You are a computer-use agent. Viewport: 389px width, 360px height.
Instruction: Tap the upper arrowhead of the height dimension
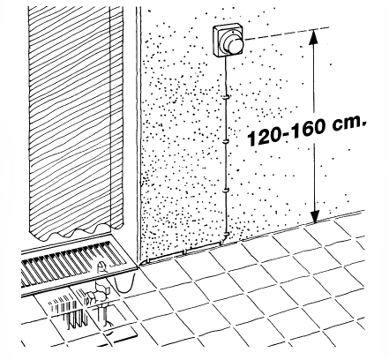coord(314,37)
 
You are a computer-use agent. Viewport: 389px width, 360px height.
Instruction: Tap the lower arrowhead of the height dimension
coord(315,216)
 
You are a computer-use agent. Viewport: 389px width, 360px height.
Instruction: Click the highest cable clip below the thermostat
coord(226,97)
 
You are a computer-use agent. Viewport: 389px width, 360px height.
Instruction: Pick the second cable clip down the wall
coord(226,141)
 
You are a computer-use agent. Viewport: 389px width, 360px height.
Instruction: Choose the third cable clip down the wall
coord(225,191)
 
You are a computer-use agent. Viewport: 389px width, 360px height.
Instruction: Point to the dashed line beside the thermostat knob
coord(287,34)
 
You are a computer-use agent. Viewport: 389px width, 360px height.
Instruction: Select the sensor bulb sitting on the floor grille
coord(101,266)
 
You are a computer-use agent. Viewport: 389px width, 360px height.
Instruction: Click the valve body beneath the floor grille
coord(98,293)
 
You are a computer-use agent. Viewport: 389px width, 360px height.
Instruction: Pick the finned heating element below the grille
coord(69,311)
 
